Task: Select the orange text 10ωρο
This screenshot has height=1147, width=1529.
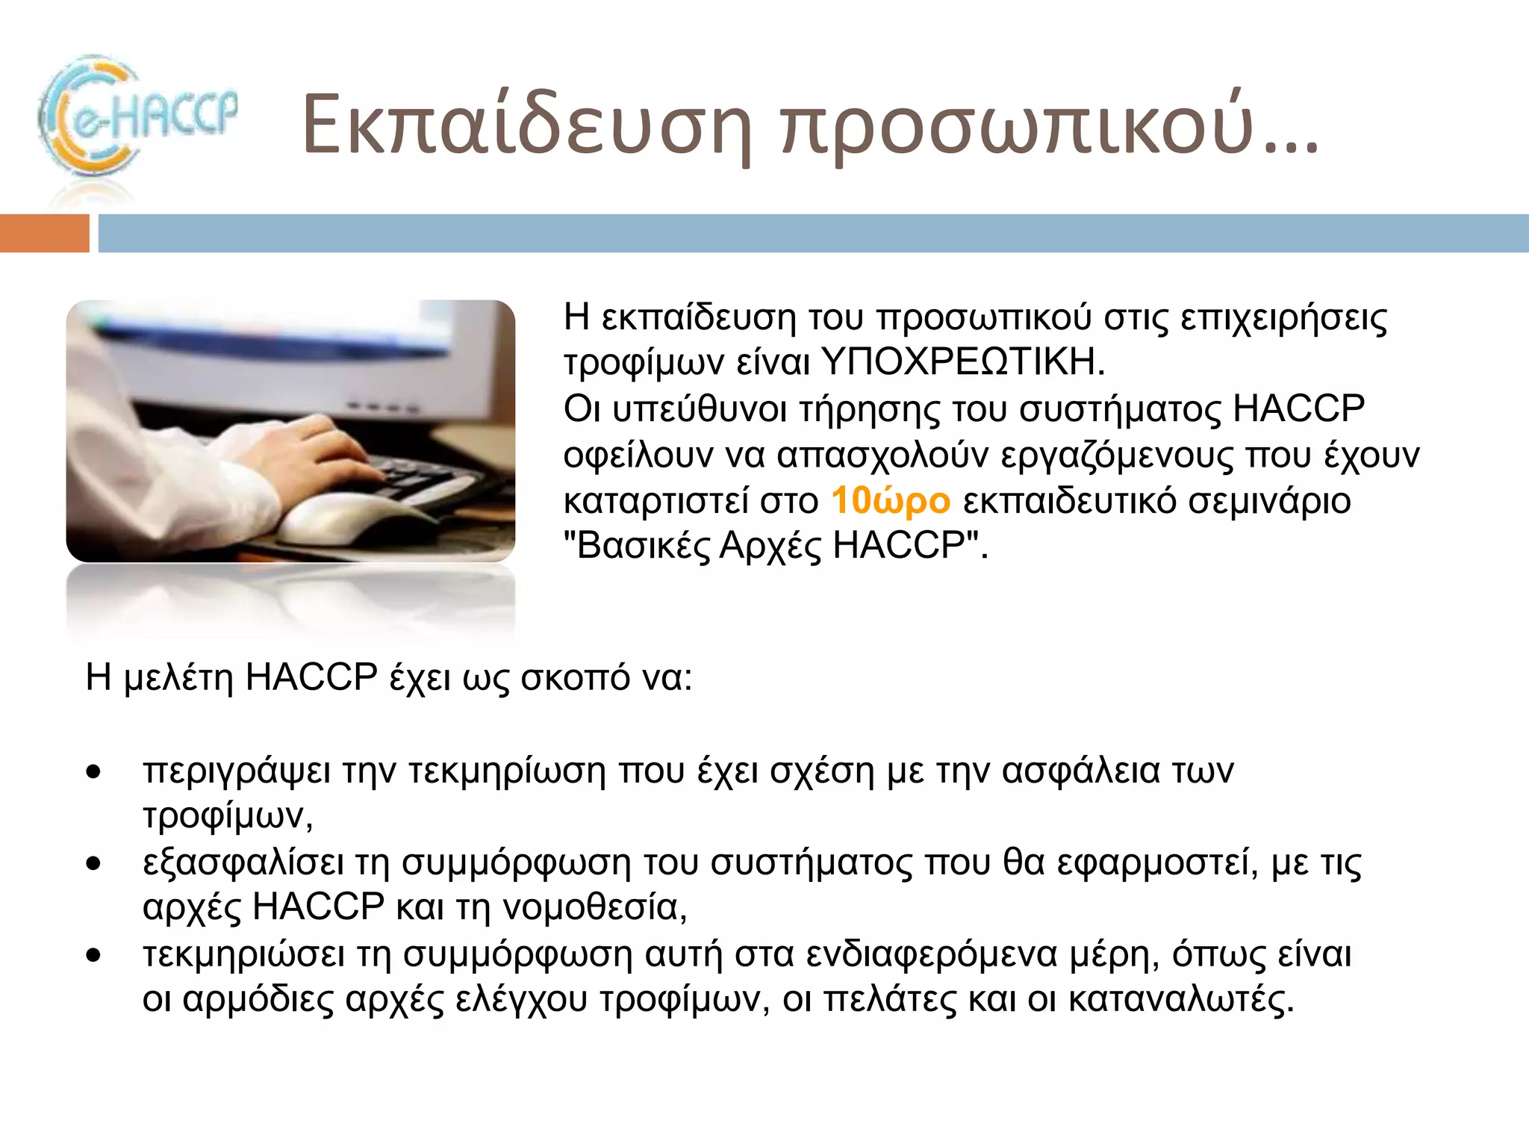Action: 890,501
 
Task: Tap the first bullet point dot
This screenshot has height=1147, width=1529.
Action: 93,771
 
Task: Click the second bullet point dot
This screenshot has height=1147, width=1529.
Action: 93,864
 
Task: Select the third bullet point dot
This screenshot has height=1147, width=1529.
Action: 93,955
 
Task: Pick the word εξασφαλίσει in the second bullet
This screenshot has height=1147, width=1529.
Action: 243,863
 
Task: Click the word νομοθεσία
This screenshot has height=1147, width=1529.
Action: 594,908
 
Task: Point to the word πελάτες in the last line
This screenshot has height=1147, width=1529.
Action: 888,1000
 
